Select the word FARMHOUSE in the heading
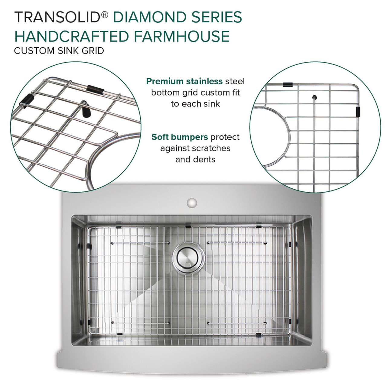click(182, 36)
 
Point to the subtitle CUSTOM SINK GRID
click(59, 50)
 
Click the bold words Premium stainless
click(184, 81)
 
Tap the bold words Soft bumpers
click(180, 137)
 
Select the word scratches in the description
click(211, 148)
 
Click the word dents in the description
click(206, 159)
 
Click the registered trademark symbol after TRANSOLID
click(104, 14)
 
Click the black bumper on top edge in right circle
click(287, 84)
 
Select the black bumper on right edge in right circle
click(358, 111)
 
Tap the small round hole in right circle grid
click(314, 97)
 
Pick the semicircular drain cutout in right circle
click(274, 136)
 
